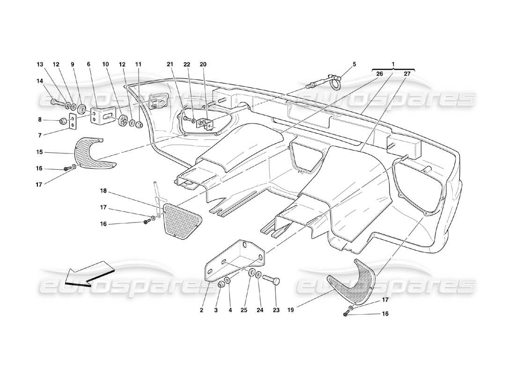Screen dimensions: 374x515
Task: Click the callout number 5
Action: coord(354,64)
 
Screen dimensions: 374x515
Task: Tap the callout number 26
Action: coord(379,73)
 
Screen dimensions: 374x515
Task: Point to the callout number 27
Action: coord(407,73)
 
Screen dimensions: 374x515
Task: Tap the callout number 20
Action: coord(203,64)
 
